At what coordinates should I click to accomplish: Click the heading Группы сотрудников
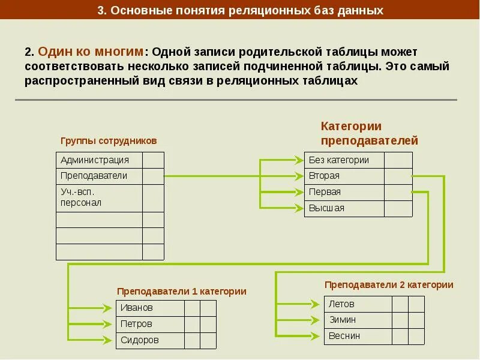pyautogui.click(x=109, y=140)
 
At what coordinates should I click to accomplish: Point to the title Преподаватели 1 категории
pyautogui.click(x=181, y=291)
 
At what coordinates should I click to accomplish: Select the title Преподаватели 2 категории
pyautogui.click(x=389, y=284)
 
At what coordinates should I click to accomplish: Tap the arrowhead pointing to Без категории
pyautogui.click(x=299, y=160)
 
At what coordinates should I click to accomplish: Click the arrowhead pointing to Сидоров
pyautogui.click(x=108, y=340)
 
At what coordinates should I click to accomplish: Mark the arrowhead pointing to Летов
pyautogui.click(x=315, y=304)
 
